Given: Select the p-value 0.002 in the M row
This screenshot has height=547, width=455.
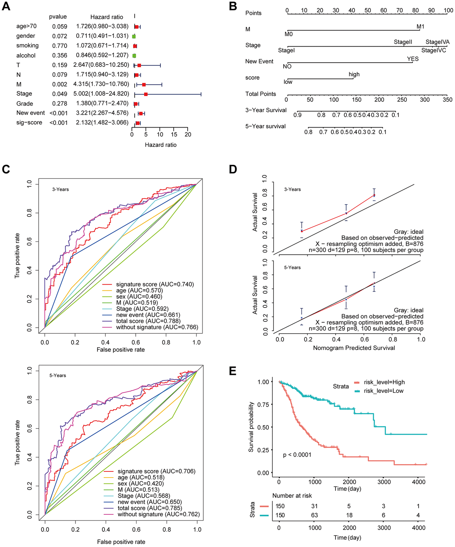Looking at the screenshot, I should (60, 84).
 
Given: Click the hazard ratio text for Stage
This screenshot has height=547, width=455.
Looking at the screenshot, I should (101, 94).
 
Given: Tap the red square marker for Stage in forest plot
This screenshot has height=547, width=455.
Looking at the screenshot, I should (146, 94).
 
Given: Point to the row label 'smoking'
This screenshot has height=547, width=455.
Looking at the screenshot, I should (27, 46).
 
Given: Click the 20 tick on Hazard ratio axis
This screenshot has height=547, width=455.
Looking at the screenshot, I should (188, 134).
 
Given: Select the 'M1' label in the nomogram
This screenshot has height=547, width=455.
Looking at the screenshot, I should (420, 27).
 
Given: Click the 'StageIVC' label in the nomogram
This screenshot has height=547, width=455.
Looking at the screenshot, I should (434, 50).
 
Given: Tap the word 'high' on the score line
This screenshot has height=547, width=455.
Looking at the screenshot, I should (354, 74).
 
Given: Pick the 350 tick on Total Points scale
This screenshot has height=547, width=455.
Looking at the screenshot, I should (447, 99).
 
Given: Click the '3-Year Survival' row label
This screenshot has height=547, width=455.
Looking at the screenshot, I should (266, 110).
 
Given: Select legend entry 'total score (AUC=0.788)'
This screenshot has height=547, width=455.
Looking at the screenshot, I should (148, 321).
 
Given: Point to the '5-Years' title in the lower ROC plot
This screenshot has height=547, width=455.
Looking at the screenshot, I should (58, 375).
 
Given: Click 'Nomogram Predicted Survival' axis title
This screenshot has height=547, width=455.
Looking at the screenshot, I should (354, 348).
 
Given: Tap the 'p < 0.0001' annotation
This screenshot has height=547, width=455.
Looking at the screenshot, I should (297, 455).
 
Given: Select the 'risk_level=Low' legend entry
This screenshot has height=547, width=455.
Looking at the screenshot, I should (383, 391).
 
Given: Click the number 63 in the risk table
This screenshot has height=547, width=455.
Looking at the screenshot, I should (314, 515).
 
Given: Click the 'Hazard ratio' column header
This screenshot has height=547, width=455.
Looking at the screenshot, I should (107, 17).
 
